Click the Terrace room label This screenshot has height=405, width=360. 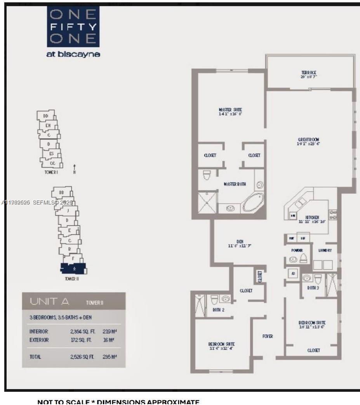[309, 73]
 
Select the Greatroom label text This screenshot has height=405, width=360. [308, 140]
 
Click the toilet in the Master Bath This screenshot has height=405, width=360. [206, 175]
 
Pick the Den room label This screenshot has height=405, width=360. [240, 242]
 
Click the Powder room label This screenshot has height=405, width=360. [297, 251]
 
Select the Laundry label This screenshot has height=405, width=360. [325, 251]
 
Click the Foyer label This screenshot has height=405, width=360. [268, 336]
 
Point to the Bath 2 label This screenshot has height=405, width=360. [218, 310]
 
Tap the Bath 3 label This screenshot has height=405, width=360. [313, 288]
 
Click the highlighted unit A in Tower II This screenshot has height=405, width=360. [73, 268]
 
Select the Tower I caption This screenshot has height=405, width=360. [51, 172]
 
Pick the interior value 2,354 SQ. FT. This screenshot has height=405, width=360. [82, 332]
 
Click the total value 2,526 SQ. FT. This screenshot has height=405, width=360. [82, 356]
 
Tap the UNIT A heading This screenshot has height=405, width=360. [49, 301]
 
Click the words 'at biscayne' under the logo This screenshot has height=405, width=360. [73, 54]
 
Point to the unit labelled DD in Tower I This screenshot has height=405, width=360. [46, 116]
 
